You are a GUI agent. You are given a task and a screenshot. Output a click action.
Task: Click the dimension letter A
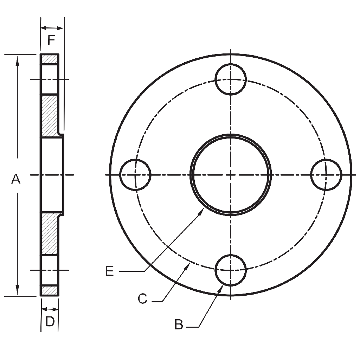16,179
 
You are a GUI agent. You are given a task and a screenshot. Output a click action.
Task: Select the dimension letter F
51,41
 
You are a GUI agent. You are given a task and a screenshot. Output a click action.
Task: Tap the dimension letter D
50,321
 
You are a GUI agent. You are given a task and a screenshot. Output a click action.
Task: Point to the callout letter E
109,271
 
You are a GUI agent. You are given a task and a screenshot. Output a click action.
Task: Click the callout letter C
142,299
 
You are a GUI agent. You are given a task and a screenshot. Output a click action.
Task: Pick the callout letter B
179,324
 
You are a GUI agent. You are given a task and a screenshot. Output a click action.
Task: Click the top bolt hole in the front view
231,79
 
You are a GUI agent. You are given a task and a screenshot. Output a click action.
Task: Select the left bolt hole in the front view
135,175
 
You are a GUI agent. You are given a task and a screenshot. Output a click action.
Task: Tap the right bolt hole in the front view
326,175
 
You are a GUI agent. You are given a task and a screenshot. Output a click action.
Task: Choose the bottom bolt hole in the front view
231,270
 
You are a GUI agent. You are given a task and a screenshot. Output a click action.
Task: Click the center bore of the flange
231,175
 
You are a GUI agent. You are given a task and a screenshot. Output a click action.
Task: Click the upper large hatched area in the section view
50,115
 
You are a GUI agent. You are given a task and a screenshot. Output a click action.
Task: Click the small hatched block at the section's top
50,59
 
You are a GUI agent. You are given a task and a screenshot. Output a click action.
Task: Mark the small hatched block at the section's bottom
50,291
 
